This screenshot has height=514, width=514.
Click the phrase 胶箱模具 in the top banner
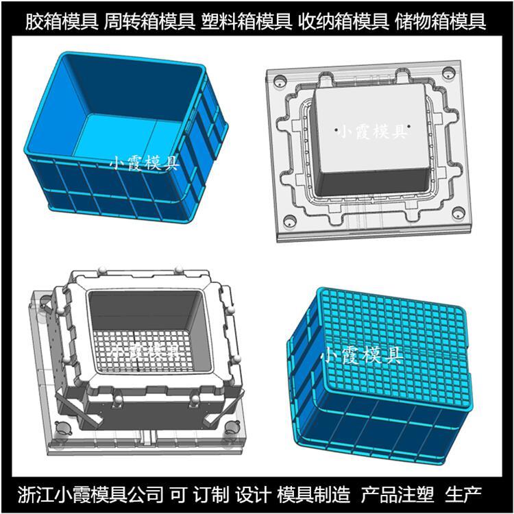point(62,21)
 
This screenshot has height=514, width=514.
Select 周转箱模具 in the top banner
point(149,21)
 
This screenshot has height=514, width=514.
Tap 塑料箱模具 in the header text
point(246,21)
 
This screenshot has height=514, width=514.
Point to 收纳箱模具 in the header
point(343,21)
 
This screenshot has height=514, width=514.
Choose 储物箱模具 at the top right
point(440,21)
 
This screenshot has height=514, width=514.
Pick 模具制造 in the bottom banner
point(314,495)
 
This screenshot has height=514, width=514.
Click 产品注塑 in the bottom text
point(397,495)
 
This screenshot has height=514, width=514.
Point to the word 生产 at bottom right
point(463,495)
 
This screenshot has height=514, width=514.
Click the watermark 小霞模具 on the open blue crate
point(144,162)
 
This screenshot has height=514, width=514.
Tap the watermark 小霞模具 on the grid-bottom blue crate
point(363,355)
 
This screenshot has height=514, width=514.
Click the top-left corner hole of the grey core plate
point(280,81)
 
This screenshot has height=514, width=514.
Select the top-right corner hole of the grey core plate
point(448,72)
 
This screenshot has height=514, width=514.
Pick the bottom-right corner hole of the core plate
point(458,212)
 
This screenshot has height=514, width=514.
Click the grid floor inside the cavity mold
point(144,354)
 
